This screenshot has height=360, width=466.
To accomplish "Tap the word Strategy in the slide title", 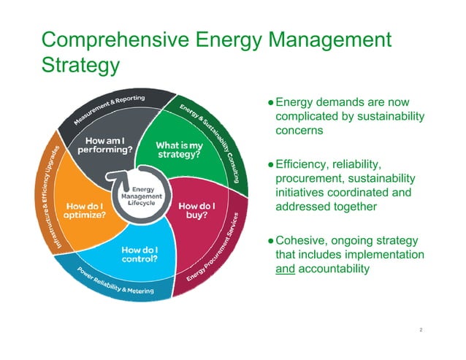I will pyautogui.click(x=81, y=65).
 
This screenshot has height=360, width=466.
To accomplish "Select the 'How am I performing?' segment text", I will pyautogui.click(x=105, y=145).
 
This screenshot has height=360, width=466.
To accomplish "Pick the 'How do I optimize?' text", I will pyautogui.click(x=83, y=210).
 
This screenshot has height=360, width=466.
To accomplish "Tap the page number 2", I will pyautogui.click(x=421, y=329).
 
